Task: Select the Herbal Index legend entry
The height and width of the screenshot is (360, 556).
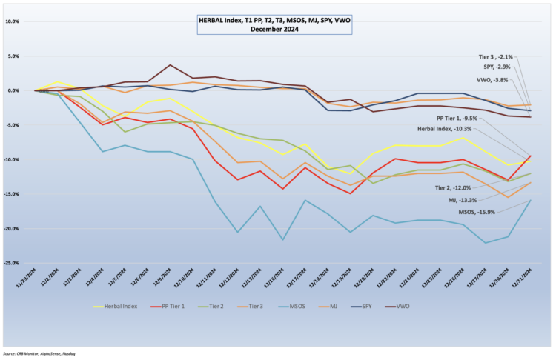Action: pos(118,306)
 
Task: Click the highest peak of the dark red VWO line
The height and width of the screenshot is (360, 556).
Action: pos(171,65)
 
